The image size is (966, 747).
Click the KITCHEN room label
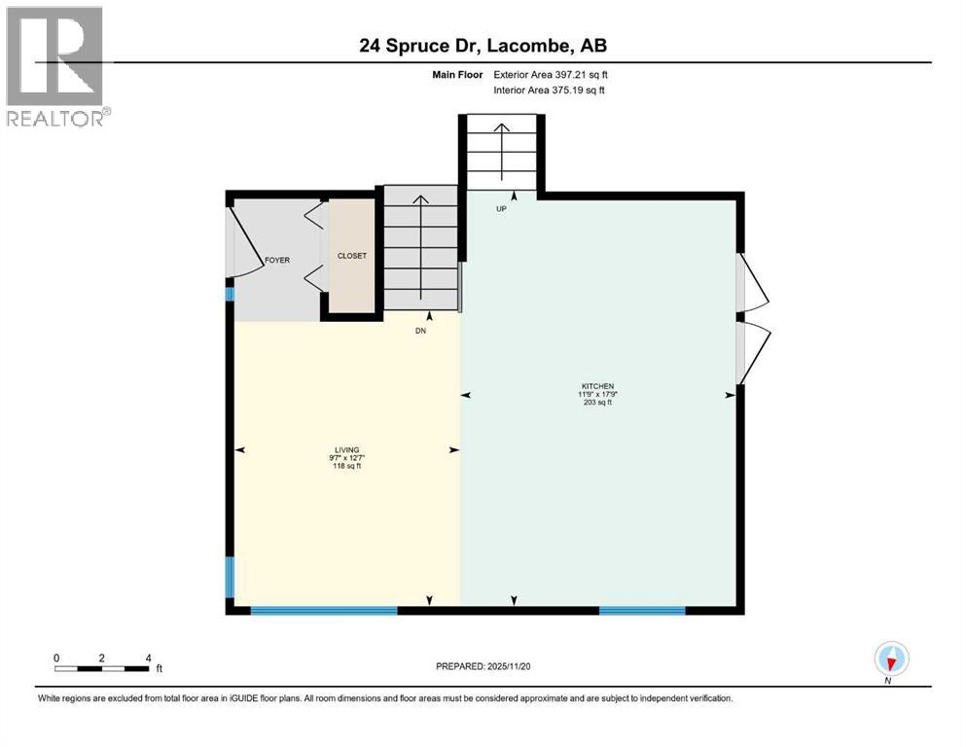[x=599, y=386]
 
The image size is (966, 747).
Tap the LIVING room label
[x=346, y=449]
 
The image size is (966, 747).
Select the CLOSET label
[x=351, y=256]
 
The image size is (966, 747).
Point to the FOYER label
[x=277, y=261]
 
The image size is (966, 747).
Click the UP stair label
[x=501, y=208]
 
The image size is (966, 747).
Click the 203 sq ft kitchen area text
[x=599, y=403]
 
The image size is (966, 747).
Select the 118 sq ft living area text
[x=346, y=467]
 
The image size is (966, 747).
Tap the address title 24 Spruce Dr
[x=483, y=46]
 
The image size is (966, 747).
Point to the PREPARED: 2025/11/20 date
[x=483, y=666]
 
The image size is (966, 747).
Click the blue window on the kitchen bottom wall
[x=642, y=611]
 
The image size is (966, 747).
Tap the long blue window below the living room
[x=323, y=611]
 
